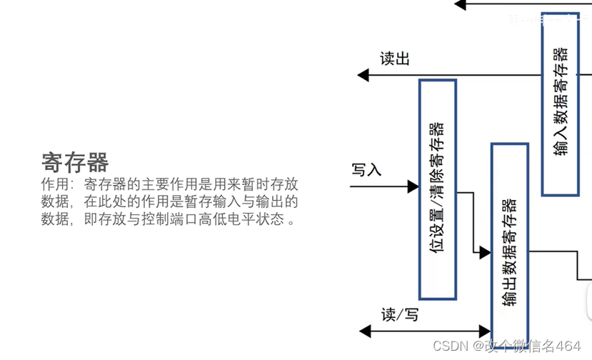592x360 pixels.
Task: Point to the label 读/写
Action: click(x=399, y=314)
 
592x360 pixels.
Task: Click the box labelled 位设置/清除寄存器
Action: click(x=437, y=189)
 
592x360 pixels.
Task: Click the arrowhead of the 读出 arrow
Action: click(x=363, y=74)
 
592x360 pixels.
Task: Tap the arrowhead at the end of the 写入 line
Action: click(x=413, y=187)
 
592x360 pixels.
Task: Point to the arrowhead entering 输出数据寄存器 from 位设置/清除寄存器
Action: click(x=485, y=252)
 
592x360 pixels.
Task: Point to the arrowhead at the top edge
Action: click(x=460, y=4)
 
